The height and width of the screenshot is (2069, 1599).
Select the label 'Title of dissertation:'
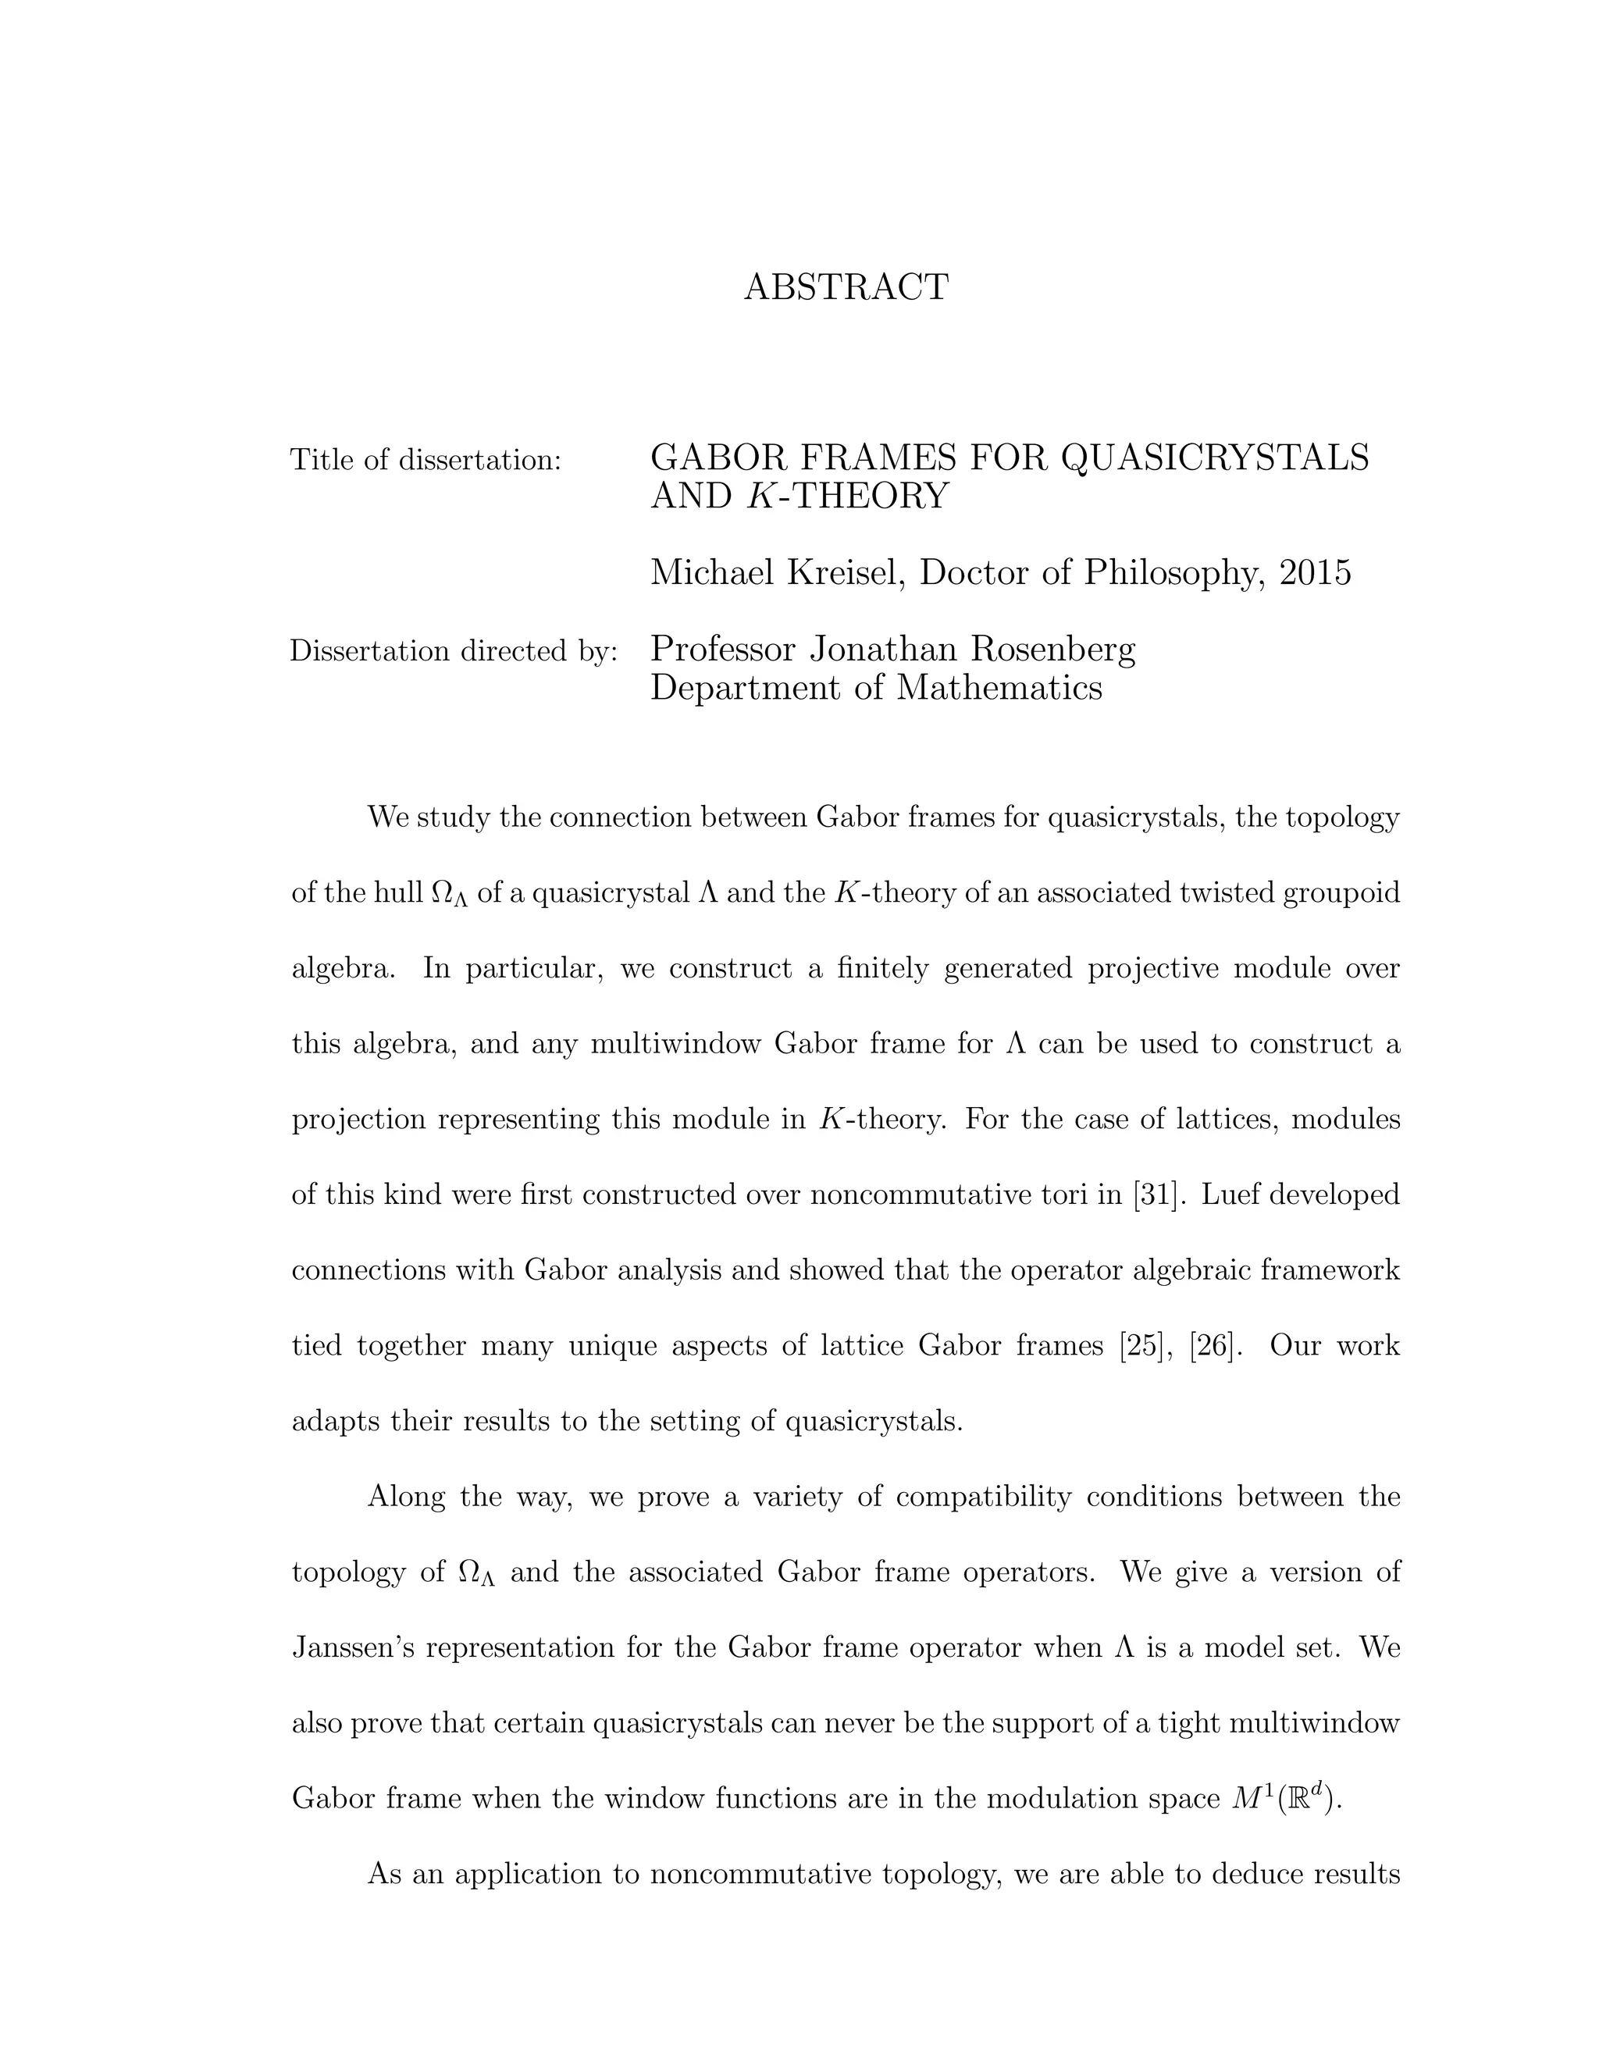[x=426, y=461]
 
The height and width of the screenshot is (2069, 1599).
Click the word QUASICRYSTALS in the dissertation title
[x=1214, y=458]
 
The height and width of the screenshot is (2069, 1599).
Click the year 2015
[x=1315, y=573]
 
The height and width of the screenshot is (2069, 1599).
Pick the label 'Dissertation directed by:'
[x=454, y=652]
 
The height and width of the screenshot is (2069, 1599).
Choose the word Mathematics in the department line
[x=999, y=688]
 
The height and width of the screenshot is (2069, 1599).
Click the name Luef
[x=1227, y=1195]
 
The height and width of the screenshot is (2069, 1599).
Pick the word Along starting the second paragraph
[x=406, y=1497]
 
